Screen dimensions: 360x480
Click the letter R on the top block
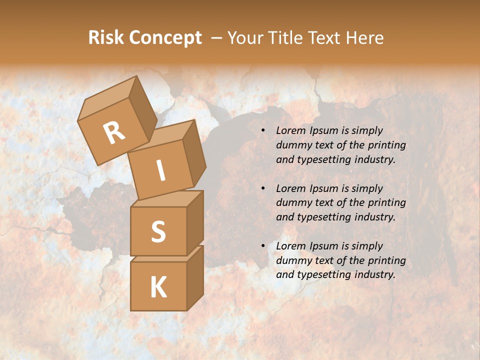pyautogui.click(x=114, y=132)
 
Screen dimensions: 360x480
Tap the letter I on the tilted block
pyautogui.click(x=160, y=171)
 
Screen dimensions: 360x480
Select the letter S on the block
pyautogui.click(x=158, y=231)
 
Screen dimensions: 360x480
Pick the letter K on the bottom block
pyautogui.click(x=158, y=287)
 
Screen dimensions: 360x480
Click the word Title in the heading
pyautogui.click(x=288, y=38)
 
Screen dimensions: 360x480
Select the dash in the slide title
pyautogui.click(x=217, y=38)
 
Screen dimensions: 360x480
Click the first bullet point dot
pyautogui.click(x=262, y=131)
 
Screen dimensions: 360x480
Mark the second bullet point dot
pyautogui.click(x=262, y=188)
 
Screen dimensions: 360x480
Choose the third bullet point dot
pyautogui.click(x=262, y=246)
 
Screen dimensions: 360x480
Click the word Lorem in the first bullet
pyautogui.click(x=290, y=130)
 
